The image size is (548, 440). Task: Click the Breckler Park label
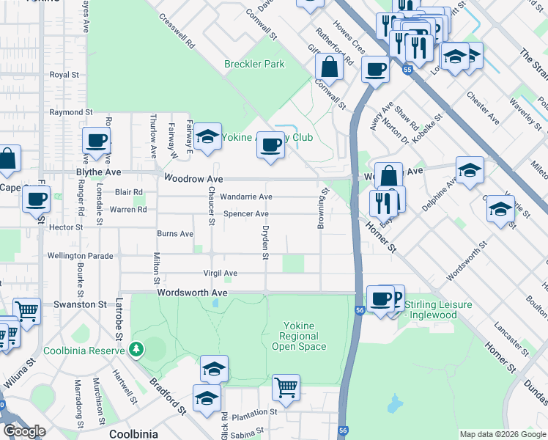point(254,64)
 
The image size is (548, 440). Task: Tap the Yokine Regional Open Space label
point(299,337)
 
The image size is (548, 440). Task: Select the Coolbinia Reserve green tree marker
point(135,349)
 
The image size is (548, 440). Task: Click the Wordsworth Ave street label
point(191,292)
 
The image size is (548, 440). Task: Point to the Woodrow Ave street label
point(193,178)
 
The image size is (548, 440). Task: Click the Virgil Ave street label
point(221,274)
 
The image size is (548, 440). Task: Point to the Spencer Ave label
point(246,214)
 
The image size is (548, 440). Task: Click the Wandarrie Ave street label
point(246,197)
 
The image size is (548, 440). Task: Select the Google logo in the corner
point(23,431)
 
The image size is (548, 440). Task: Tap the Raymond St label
point(71,112)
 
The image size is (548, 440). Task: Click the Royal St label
point(64,75)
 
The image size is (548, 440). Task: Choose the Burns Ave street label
point(175,234)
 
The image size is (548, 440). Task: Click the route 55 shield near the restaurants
point(407,68)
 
